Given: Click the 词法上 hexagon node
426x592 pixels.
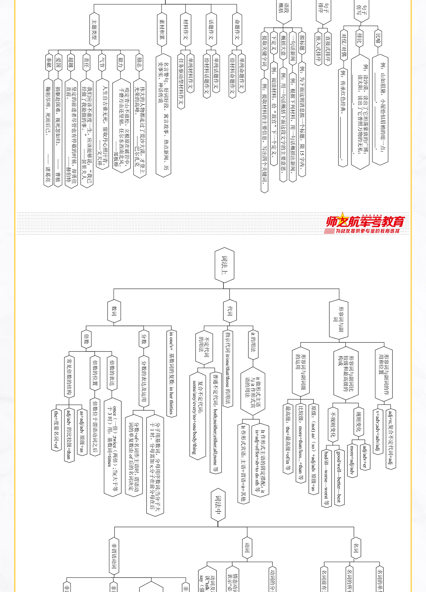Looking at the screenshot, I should click(x=225, y=265).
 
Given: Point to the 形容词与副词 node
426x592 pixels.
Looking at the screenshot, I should click(x=339, y=319).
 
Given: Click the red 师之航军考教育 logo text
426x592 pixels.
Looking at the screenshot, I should click(x=365, y=221).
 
